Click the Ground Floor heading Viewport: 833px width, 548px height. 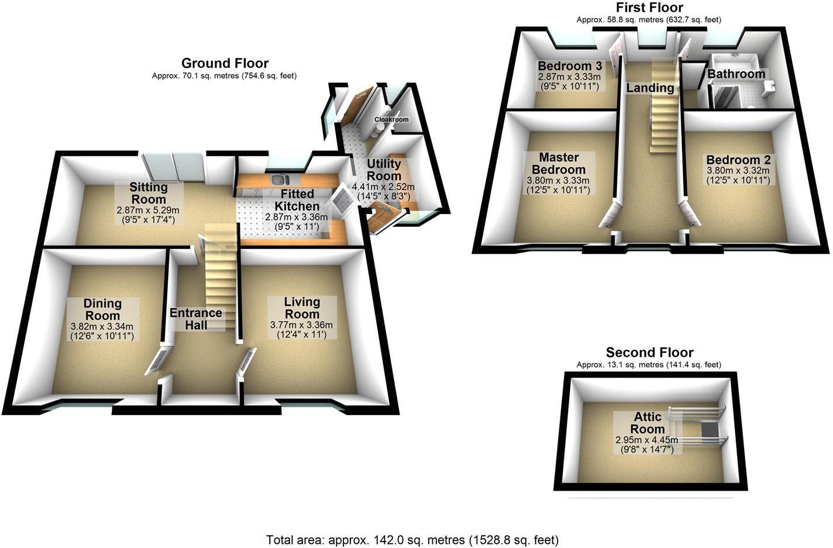coord(225,63)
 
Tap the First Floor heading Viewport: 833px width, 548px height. coord(649,8)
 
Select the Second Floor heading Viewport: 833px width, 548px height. coord(649,352)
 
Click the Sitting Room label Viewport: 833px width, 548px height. coord(149,194)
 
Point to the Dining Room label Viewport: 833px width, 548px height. coord(102,309)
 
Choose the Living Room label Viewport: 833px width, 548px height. coord(302,308)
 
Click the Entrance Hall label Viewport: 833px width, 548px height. coord(196,319)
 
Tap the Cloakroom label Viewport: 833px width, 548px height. coord(391,119)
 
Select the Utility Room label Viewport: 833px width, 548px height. coord(384,170)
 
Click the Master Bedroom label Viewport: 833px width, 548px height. coord(559,163)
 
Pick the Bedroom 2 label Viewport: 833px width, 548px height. coord(738,160)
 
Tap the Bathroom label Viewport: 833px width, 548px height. coord(736,74)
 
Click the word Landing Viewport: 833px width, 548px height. coord(650,88)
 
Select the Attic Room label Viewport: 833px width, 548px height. coord(647,423)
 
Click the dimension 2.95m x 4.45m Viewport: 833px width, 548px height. coord(646,440)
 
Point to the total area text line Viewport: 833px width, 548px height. coord(412,540)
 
